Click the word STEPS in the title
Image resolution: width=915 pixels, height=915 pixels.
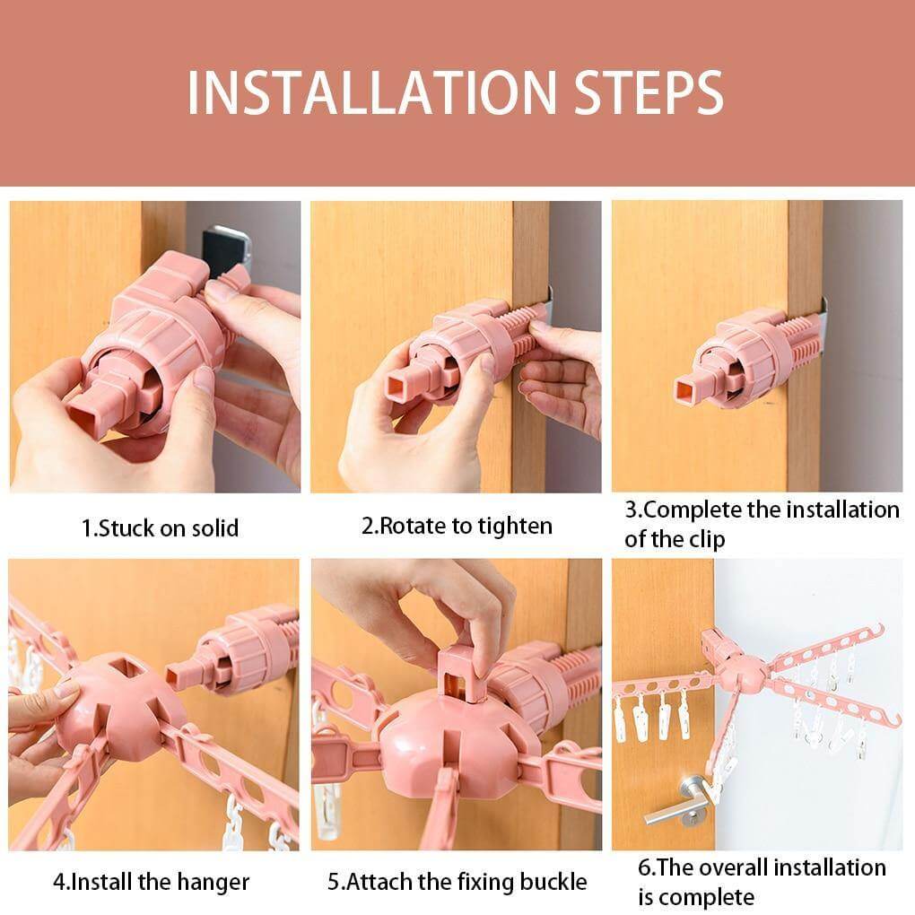pos(649,92)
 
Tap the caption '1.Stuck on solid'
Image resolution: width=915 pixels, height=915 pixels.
pos(160,528)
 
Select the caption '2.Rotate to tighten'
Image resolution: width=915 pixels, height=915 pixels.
pos(457,527)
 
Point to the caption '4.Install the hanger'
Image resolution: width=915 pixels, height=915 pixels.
pos(151,882)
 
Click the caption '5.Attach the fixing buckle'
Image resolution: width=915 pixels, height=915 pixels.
pos(457,882)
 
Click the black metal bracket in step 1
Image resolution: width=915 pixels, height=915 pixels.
pos(228,252)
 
